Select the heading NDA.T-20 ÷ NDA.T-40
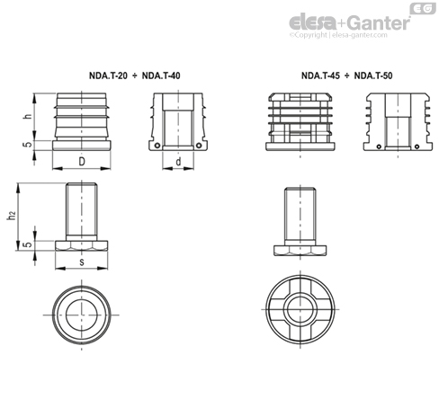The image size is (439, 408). (136, 75)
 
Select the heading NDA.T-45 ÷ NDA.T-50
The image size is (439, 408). (347, 75)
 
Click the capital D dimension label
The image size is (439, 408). (82, 162)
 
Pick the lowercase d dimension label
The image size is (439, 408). (180, 162)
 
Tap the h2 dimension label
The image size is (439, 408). (12, 215)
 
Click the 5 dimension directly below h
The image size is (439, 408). (27, 144)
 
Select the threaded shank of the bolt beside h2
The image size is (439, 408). (82, 210)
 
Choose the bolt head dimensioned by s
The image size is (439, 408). (82, 244)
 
